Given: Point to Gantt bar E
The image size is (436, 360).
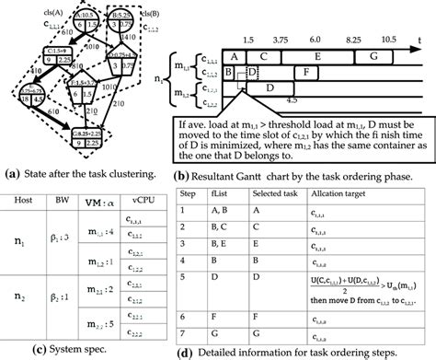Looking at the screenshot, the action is [x=317, y=56].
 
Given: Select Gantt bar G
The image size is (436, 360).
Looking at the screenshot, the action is [x=373, y=56].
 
